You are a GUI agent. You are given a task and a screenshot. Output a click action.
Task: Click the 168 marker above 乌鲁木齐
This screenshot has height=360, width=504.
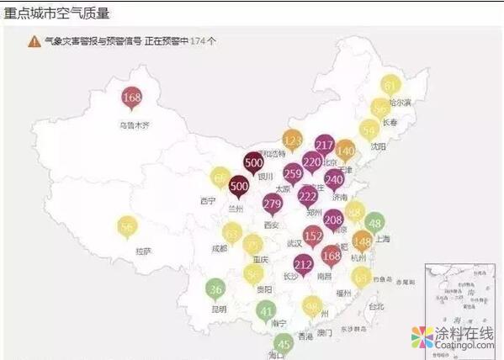pos(131,98)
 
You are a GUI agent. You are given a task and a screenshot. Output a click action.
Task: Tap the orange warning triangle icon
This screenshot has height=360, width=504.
pos(34,40)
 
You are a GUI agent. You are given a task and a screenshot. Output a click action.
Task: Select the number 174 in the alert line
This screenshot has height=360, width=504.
pos(198,40)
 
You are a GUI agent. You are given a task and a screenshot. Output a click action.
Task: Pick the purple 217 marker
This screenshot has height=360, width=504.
pos(325,145)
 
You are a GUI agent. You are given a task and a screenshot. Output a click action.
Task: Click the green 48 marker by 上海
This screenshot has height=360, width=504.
pos(374,223)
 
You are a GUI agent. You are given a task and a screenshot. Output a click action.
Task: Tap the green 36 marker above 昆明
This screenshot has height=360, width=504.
pos(215,289)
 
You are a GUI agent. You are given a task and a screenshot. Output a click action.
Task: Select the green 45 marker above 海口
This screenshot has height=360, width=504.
pos(284,342)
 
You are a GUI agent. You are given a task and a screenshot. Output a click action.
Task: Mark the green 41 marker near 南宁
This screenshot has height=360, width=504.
pos(266,310)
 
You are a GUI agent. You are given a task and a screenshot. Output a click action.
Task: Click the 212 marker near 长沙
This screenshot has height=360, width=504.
pos(304,266)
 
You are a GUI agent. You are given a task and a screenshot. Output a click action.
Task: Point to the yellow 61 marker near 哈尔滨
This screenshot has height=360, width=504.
pos(390,85)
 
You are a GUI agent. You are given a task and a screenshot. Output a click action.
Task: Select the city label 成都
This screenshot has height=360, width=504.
pos(220,248)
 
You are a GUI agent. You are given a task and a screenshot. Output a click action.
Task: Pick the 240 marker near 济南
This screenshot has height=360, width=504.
pos(334,178)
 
